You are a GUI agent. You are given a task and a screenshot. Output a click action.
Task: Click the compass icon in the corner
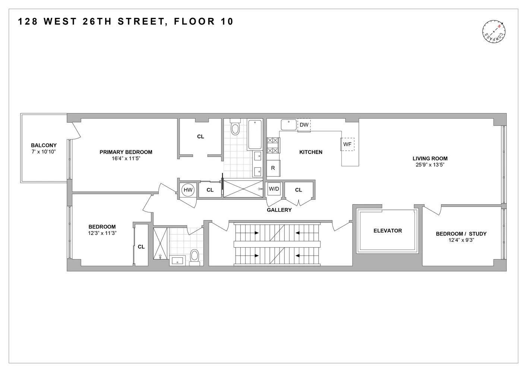(x=494, y=32)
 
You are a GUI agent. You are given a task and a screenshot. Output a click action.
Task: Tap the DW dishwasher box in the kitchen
(x=304, y=125)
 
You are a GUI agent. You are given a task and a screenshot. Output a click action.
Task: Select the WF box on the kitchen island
(x=347, y=144)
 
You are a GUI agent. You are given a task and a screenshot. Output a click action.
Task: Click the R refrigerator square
(x=273, y=168)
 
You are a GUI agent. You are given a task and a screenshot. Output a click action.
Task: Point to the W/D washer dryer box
(x=274, y=189)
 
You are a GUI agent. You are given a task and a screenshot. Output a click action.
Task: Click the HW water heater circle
(x=188, y=190)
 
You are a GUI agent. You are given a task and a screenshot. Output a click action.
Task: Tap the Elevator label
(x=388, y=231)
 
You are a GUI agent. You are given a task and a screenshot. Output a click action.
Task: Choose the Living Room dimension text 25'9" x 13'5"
(x=430, y=165)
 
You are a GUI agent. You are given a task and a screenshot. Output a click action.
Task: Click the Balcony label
(x=44, y=145)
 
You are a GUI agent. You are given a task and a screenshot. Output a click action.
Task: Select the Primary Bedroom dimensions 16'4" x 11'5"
(x=126, y=158)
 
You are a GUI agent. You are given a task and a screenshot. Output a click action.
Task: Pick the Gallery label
(x=279, y=210)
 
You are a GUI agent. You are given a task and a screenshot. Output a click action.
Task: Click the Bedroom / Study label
(x=461, y=234)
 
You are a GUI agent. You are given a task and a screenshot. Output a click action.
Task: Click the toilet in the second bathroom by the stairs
(x=195, y=256)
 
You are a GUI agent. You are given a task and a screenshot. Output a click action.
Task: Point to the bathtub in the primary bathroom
(x=255, y=134)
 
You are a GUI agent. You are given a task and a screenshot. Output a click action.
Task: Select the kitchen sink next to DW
(x=288, y=125)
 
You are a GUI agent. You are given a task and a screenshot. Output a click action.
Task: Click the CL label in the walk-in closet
(x=201, y=137)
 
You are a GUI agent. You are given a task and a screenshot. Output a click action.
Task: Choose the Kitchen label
(x=311, y=152)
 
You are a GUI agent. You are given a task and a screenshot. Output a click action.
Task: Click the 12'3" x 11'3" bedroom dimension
(x=102, y=233)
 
